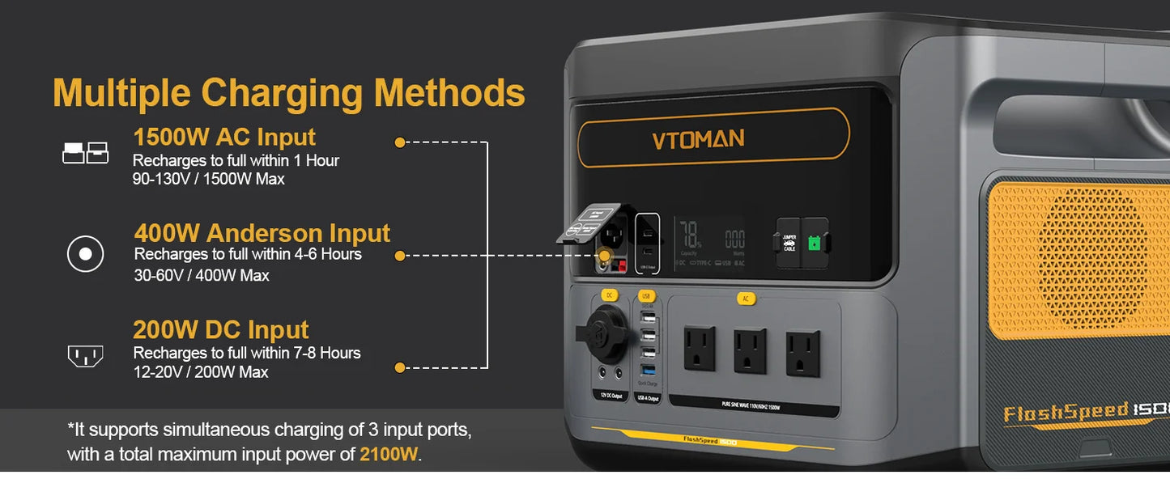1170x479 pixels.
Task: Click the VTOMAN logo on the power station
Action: click(698, 139)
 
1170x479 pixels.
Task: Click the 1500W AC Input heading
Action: click(224, 137)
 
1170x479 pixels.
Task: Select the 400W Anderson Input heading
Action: click(262, 233)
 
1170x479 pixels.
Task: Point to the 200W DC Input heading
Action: click(221, 330)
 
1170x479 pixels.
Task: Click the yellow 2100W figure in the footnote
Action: click(389, 455)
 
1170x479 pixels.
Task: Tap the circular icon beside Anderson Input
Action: click(85, 255)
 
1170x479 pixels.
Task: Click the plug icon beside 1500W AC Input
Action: click(85, 152)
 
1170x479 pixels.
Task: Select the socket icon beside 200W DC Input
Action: click(85, 355)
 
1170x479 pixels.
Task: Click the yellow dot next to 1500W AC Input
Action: click(399, 142)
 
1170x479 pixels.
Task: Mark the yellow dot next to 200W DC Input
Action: click(399, 367)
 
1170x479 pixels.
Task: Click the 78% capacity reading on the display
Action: click(691, 237)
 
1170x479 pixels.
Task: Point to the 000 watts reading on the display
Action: click(734, 239)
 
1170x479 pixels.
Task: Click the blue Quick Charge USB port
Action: click(647, 370)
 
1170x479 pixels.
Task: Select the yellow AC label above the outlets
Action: click(746, 299)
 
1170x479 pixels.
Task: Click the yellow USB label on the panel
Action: click(645, 296)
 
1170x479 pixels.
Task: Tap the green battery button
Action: click(816, 242)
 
